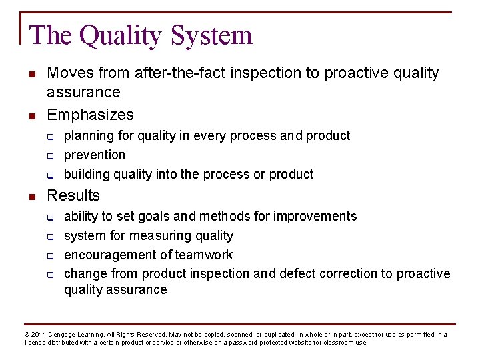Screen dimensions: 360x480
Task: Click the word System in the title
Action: pyautogui.click(x=212, y=35)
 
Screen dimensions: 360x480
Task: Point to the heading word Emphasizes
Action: pyautogui.click(x=90, y=115)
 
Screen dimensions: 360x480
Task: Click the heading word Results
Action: pyautogui.click(x=73, y=195)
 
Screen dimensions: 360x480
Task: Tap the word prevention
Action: pyautogui.click(x=95, y=155)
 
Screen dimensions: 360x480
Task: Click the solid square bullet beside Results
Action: pyautogui.click(x=31, y=196)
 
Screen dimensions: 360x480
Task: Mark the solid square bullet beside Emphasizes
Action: pyautogui.click(x=31, y=115)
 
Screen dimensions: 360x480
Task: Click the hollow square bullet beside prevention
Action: pyautogui.click(x=50, y=156)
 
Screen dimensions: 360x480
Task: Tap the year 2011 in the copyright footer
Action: pyautogui.click(x=39, y=335)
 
